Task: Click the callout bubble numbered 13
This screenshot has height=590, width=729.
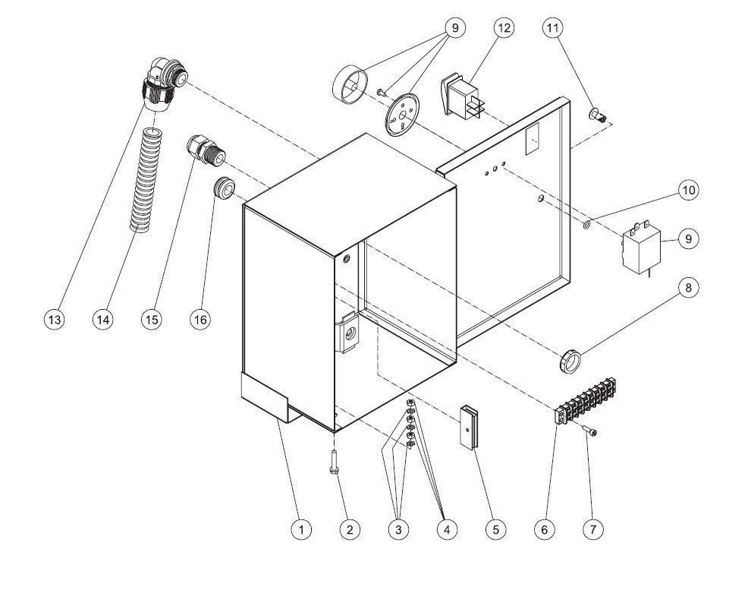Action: (x=54, y=320)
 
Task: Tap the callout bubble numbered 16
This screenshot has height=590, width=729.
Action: (x=200, y=320)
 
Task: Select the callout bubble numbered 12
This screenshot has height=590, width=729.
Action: (x=503, y=28)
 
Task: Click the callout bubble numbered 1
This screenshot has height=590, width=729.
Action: (x=301, y=529)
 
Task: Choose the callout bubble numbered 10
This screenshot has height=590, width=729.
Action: (x=688, y=190)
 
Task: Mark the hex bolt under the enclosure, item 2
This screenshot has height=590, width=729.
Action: (x=333, y=462)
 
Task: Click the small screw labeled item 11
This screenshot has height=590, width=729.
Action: (x=598, y=115)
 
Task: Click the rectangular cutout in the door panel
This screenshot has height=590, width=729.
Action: (x=533, y=137)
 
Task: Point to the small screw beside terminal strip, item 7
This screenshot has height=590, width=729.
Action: (x=590, y=432)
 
